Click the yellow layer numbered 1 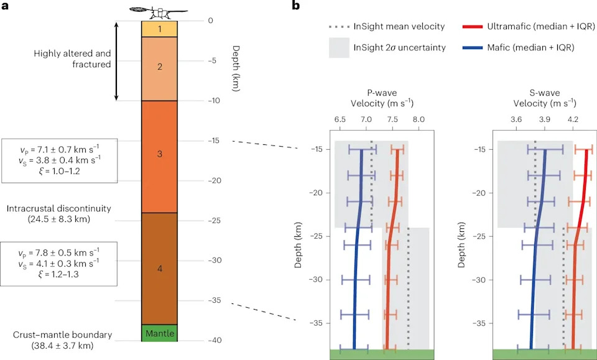pos(160,29)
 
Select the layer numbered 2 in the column pos(160,68)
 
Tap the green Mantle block pos(160,333)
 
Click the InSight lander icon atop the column pos(159,12)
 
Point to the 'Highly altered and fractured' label pos(72,58)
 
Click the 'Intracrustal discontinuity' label pos(58,213)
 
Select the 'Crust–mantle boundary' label pos(62,340)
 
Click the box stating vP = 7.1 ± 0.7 pos(60,160)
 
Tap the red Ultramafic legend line pos(472,27)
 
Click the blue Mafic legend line pos(472,48)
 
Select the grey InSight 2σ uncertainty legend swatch pos(339,48)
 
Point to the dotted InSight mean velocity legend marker pos(339,27)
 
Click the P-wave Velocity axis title pos(382,98)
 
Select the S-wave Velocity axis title pos(545,98)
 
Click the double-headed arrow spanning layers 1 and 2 pos(117,61)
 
